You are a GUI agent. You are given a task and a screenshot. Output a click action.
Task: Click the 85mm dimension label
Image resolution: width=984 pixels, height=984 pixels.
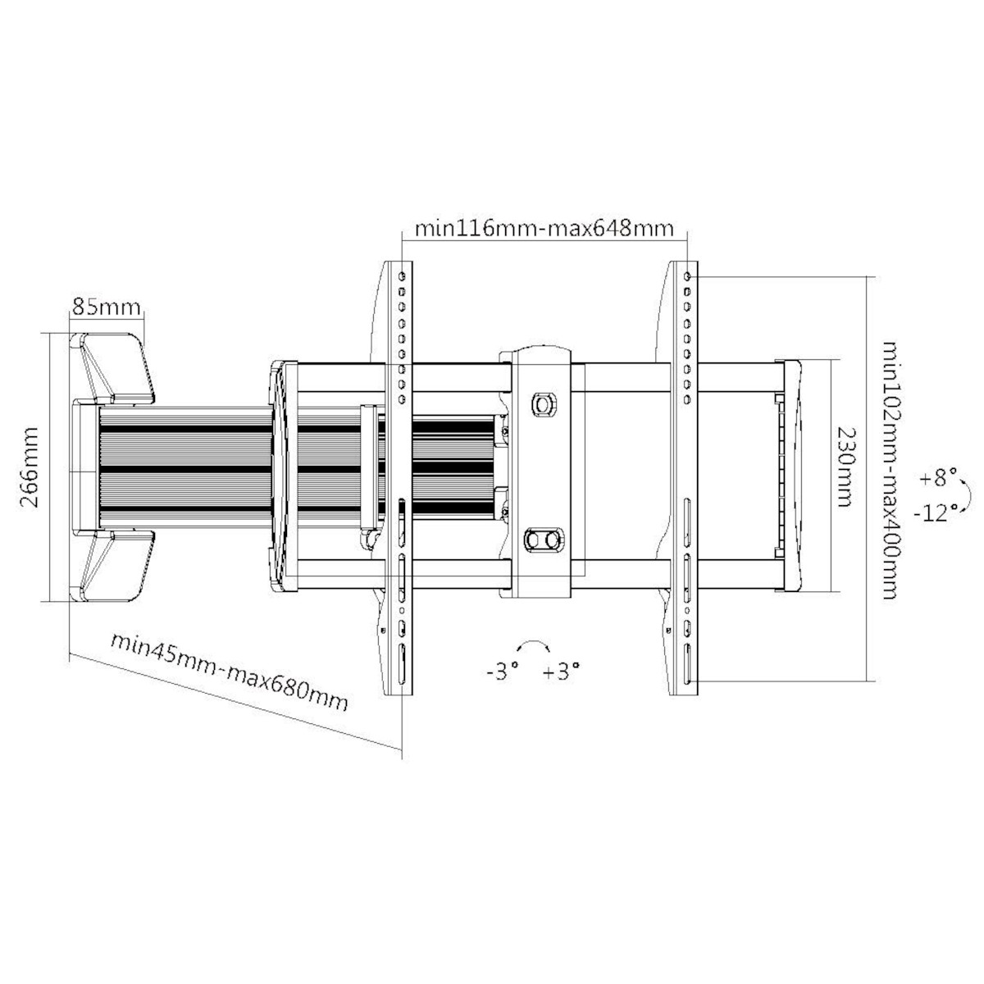(x=107, y=307)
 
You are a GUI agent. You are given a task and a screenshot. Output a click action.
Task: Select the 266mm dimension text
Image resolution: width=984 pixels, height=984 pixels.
(x=30, y=467)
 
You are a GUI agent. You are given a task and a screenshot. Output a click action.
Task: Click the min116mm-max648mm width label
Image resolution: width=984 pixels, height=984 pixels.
(x=544, y=228)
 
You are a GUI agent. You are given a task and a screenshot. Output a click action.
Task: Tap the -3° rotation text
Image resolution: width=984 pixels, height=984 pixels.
(x=503, y=672)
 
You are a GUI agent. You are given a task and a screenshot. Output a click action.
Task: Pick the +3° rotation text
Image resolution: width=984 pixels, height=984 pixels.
(x=561, y=672)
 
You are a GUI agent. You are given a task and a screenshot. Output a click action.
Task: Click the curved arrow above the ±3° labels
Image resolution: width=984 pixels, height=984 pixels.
(x=533, y=641)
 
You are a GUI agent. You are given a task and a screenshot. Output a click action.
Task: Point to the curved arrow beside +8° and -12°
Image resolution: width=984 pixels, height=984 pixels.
(x=967, y=494)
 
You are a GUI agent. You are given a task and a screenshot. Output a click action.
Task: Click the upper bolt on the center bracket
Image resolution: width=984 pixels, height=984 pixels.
(x=543, y=404)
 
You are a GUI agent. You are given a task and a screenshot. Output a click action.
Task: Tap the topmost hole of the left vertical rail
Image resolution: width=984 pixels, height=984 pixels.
(x=403, y=276)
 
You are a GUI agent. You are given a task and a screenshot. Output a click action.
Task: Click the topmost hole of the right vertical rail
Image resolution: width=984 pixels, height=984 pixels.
(x=687, y=276)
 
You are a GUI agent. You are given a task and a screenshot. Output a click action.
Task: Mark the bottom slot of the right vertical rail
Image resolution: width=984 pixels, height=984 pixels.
(x=688, y=663)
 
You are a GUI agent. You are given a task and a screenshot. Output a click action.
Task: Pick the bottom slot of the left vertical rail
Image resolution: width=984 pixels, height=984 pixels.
(x=403, y=663)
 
